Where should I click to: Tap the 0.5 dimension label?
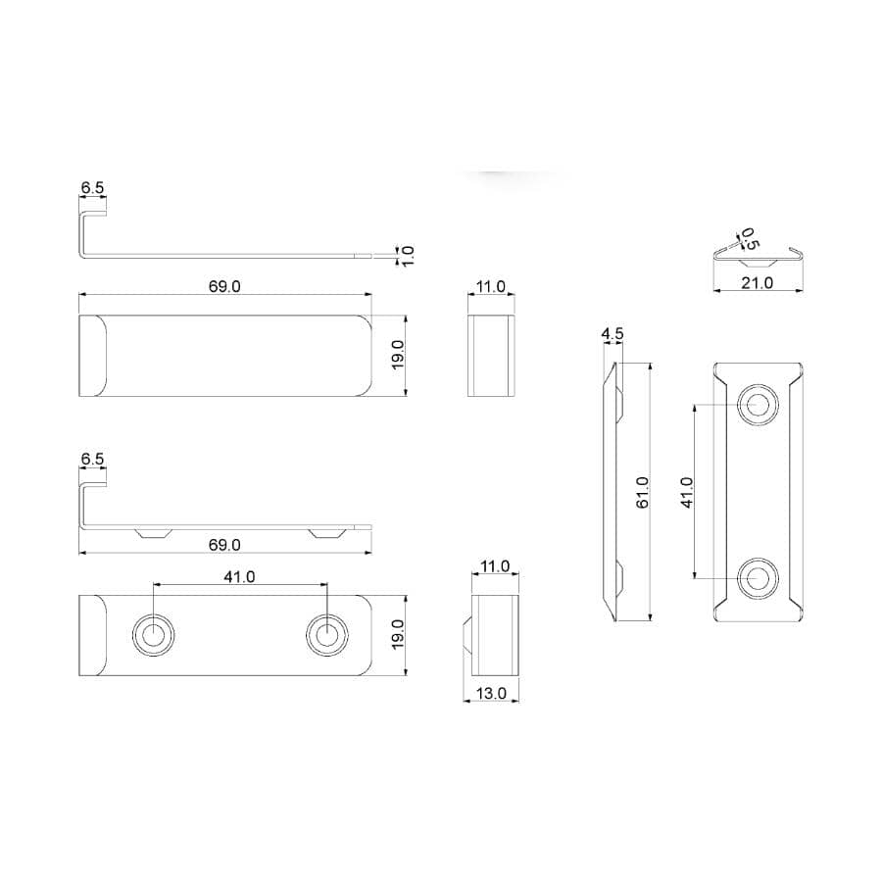[x=749, y=237]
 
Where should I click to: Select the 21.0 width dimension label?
[x=758, y=282]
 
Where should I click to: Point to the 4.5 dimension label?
[x=612, y=334]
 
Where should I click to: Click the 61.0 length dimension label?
[x=642, y=492]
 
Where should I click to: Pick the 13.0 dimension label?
[x=491, y=693]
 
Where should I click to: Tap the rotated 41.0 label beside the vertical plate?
[x=687, y=492]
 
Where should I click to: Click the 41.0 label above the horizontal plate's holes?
[x=239, y=577]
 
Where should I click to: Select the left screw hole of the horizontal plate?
[x=153, y=635]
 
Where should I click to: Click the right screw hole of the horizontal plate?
[x=326, y=635]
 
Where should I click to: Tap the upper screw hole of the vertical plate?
[x=758, y=405]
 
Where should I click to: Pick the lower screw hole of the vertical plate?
[x=758, y=579]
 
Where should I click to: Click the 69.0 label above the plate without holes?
[x=224, y=286]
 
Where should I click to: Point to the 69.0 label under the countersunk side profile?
[x=224, y=544]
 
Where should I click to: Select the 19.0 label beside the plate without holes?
[x=398, y=356]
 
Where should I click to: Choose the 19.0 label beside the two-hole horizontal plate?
[x=398, y=635]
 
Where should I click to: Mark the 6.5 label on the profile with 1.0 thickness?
[x=93, y=187]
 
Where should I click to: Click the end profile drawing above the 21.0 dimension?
[x=758, y=257]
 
